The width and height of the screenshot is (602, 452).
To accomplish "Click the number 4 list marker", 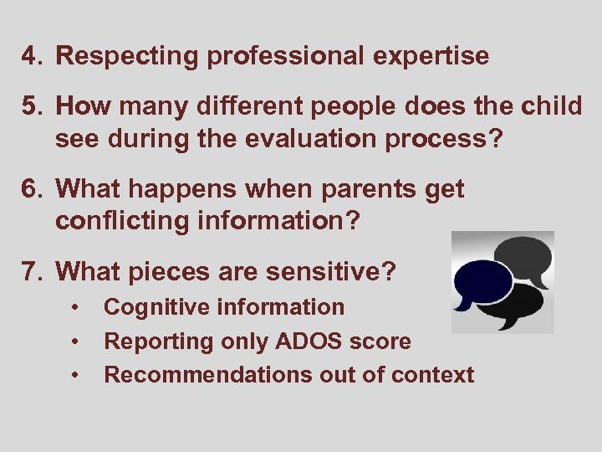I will pyautogui.click(x=32, y=57).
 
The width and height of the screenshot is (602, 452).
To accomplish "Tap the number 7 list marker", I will pyautogui.click(x=32, y=272).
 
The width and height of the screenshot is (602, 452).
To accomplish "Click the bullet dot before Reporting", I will pyautogui.click(x=76, y=342).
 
